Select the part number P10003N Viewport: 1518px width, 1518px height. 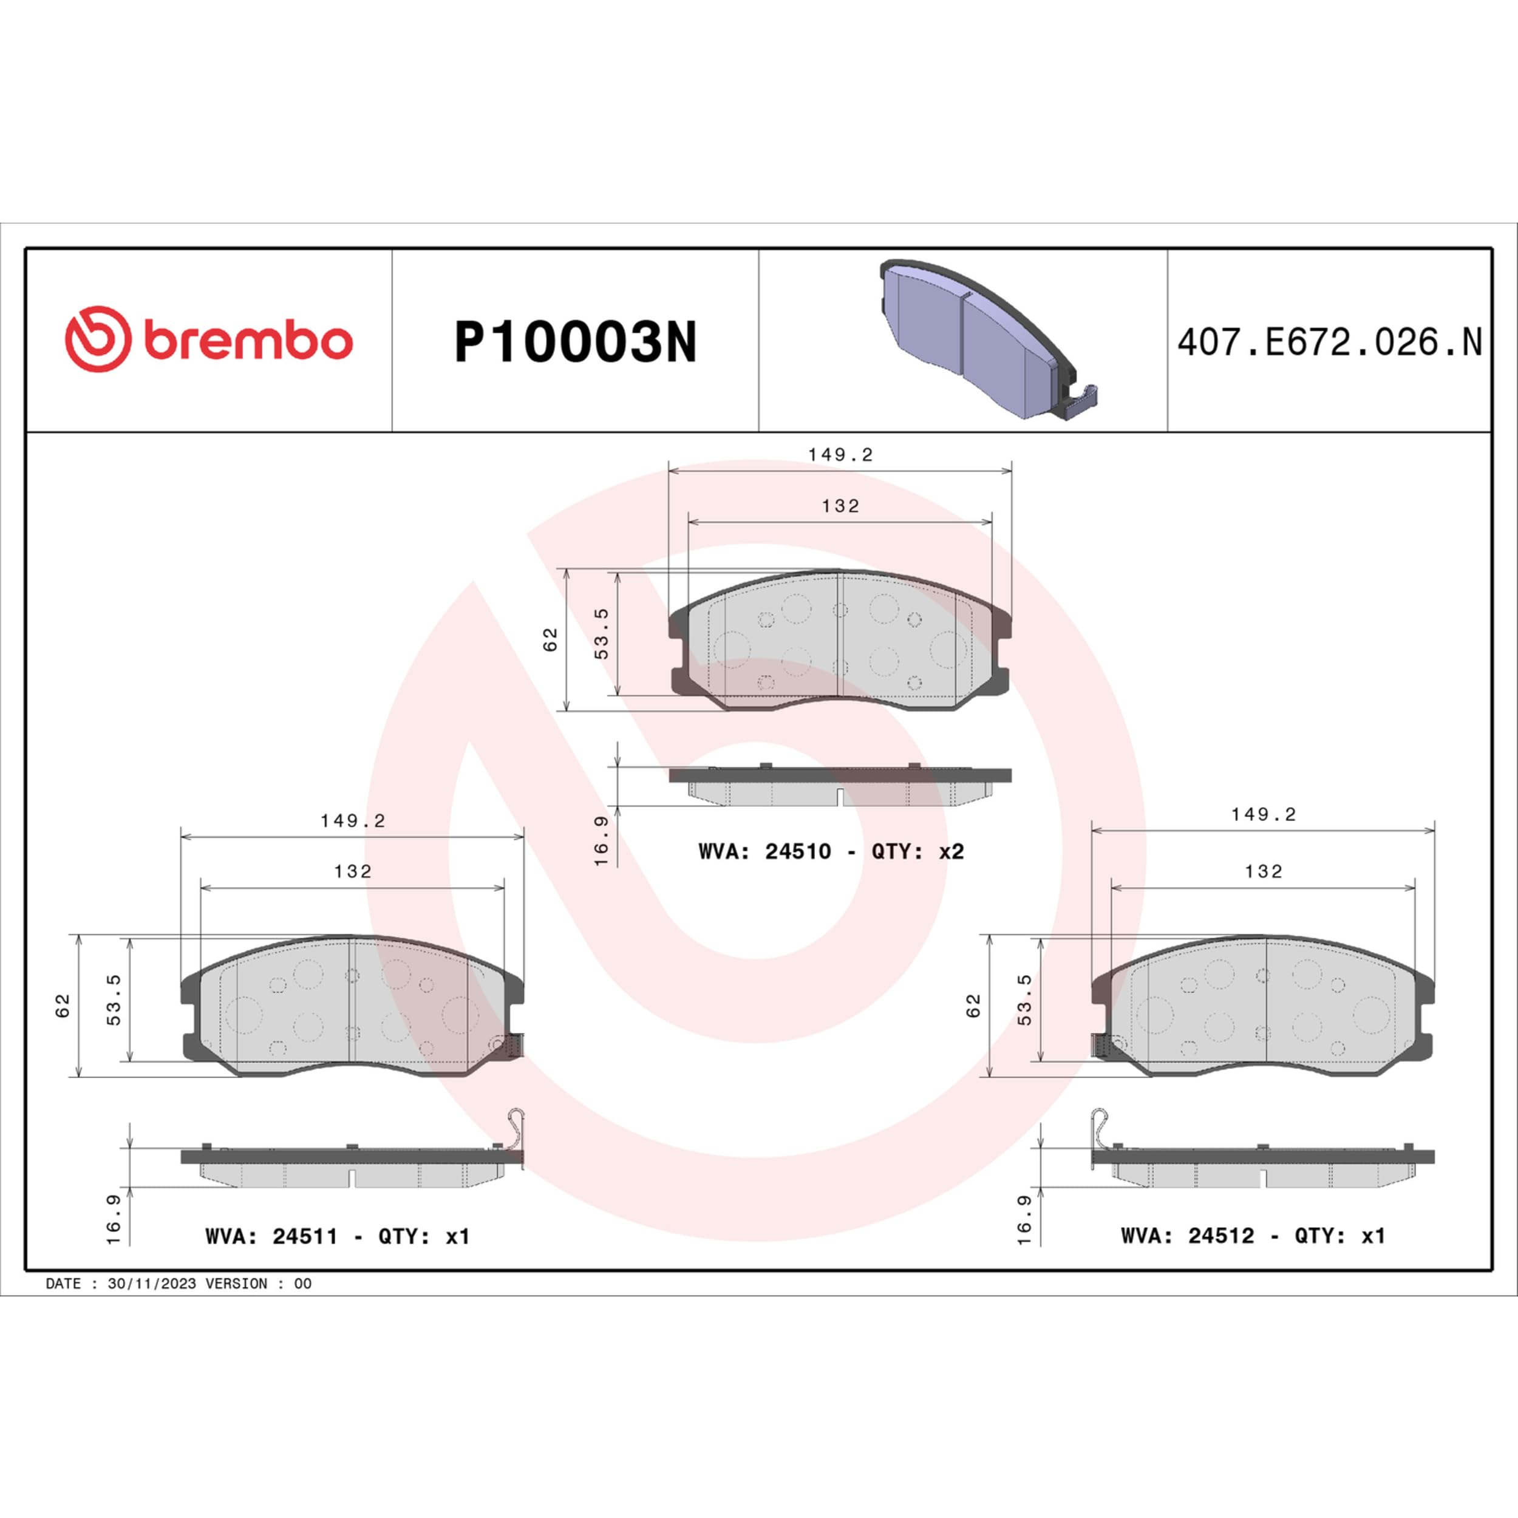(x=575, y=342)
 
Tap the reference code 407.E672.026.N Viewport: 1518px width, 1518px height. (x=1329, y=342)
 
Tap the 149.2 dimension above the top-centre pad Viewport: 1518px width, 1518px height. (x=841, y=455)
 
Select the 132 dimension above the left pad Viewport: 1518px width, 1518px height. (x=353, y=871)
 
